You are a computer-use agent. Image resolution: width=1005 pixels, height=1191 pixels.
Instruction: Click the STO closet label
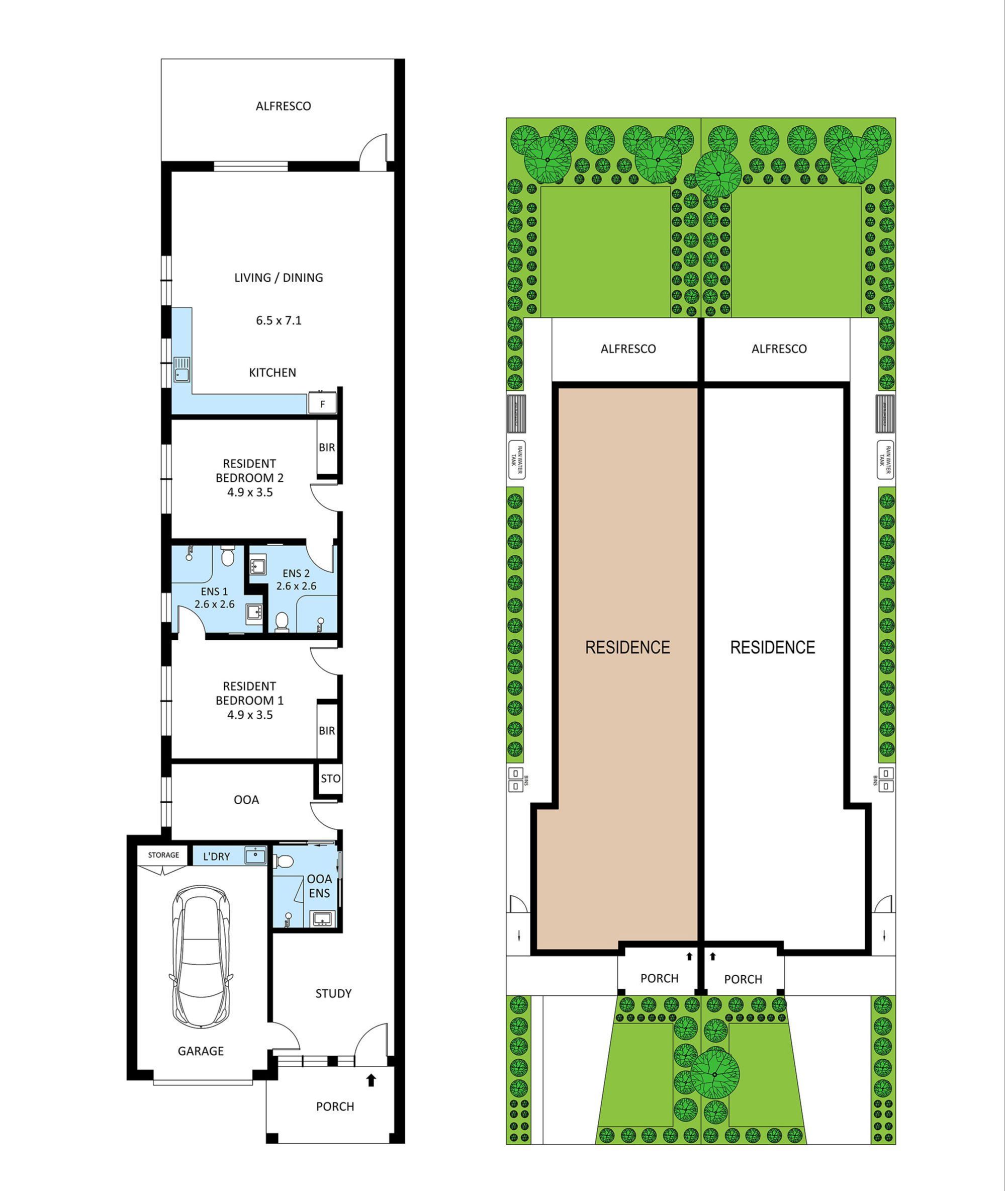[330, 779]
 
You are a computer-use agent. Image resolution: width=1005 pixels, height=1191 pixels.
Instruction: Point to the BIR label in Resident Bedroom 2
[326, 447]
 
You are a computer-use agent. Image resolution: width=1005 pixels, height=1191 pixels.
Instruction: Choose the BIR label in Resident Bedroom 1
[326, 731]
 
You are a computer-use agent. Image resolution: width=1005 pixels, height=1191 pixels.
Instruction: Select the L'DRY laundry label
[217, 857]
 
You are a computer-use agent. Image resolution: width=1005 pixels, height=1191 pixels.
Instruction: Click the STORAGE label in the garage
[163, 855]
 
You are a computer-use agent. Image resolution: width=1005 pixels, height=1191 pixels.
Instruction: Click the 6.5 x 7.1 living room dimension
[279, 320]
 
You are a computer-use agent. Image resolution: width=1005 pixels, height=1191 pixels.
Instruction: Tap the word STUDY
[333, 993]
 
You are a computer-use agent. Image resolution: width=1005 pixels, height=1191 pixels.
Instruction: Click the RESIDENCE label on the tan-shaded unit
[627, 647]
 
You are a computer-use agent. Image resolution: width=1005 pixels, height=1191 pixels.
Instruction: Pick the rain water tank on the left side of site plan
[517, 459]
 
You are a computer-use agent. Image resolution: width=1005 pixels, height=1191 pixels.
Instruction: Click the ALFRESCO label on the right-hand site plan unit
[779, 349]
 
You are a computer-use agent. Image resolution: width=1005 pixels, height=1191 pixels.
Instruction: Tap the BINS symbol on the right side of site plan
[885, 779]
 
